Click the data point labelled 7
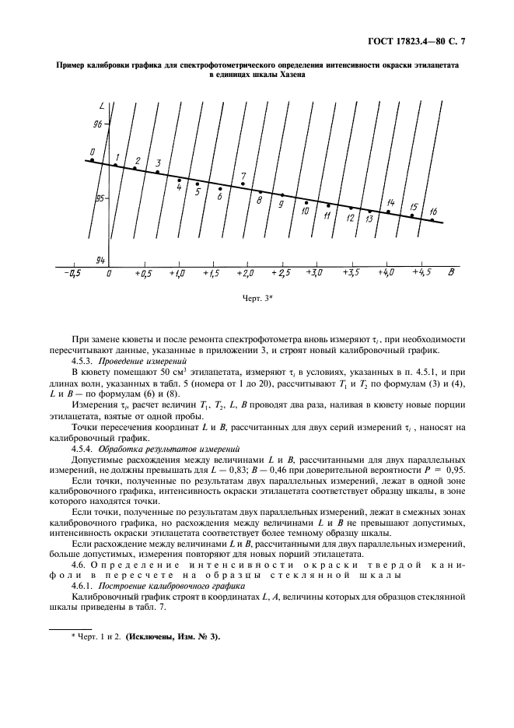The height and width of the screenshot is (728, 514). [243, 184]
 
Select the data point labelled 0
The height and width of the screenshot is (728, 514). [93, 160]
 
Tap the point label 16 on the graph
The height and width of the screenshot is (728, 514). [432, 212]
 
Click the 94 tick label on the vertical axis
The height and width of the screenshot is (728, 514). [99, 258]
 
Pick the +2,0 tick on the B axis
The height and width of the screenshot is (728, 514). [246, 274]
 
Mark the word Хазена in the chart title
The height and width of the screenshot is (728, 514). [288, 75]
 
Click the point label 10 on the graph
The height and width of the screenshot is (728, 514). [305, 211]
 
